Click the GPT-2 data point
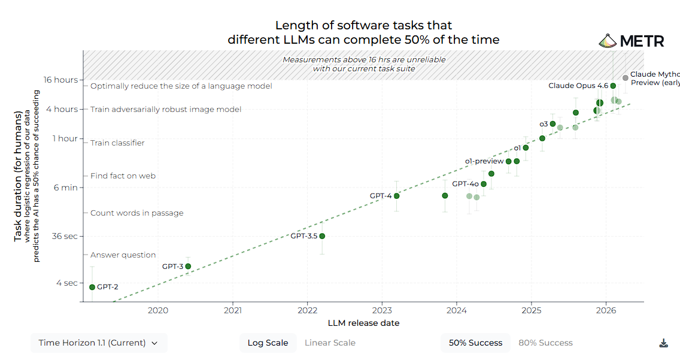[92, 287]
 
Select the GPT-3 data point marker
[188, 267]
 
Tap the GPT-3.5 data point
[322, 236]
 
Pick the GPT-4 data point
[396, 196]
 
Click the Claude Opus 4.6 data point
[613, 86]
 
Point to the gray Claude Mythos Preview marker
[625, 78]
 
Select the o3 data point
[552, 124]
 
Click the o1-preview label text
[484, 161]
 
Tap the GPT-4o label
[465, 184]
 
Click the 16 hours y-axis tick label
[60, 80]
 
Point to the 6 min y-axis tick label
[65, 187]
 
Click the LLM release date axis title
[363, 323]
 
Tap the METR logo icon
[608, 41]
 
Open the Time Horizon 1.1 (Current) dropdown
[99, 343]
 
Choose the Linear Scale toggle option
[330, 343]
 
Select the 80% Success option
[545, 343]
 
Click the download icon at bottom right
[663, 343]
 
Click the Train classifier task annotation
[117, 143]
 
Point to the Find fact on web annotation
[123, 176]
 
